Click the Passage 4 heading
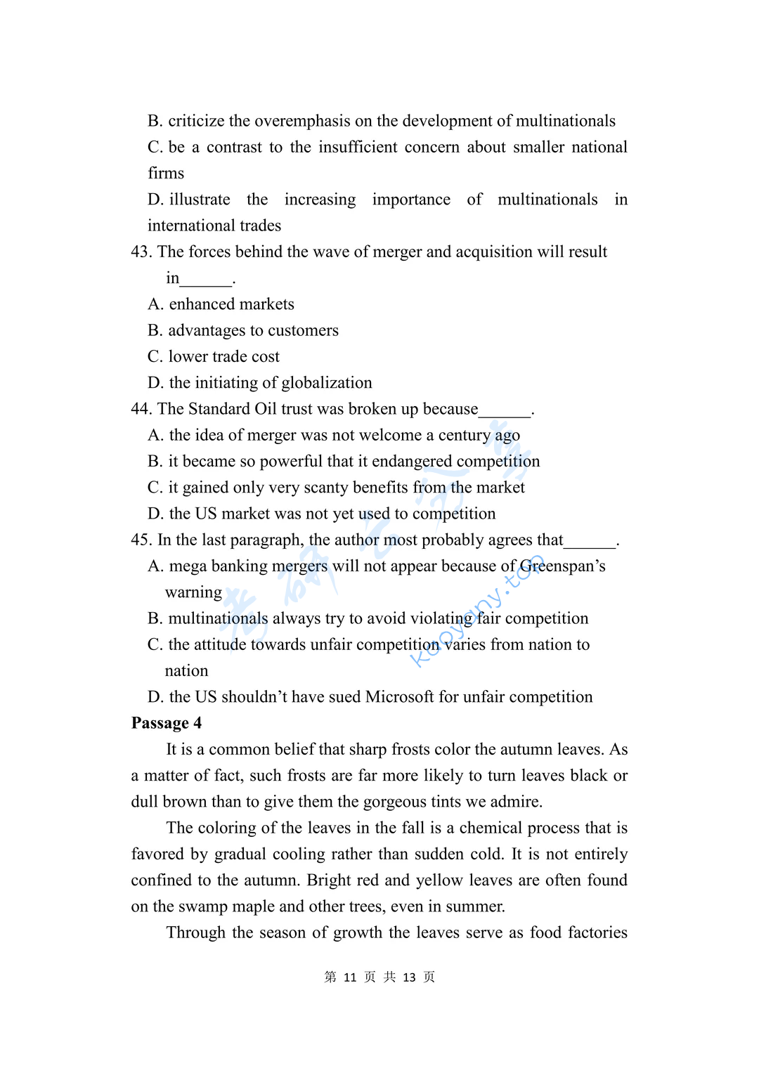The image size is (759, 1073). (x=167, y=723)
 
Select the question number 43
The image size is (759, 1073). (x=141, y=252)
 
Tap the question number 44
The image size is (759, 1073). (x=141, y=409)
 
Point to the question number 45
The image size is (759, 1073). (x=141, y=540)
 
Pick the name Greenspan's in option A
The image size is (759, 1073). (x=562, y=566)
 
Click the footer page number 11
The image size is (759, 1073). (x=350, y=977)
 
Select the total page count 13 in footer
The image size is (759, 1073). (x=409, y=977)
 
